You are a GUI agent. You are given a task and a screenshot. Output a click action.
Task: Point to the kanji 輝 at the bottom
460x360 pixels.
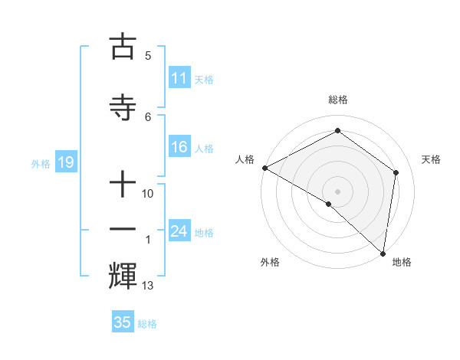123,274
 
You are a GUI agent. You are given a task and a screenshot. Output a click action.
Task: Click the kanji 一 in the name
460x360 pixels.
123,229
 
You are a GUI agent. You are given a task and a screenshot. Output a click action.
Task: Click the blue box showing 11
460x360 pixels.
179,78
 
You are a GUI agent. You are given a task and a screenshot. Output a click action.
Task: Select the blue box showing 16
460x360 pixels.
179,147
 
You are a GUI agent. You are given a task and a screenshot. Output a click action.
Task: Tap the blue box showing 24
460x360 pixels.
179,231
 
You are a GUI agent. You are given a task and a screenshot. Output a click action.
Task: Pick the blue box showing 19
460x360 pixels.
65,162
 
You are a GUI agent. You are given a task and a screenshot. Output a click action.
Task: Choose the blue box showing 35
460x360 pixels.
123,322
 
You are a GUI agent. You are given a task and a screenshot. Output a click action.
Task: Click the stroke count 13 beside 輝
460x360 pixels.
148,286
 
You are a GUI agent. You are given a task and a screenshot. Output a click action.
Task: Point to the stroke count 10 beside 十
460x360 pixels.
148,194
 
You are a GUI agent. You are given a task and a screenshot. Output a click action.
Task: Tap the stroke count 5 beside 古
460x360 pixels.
148,55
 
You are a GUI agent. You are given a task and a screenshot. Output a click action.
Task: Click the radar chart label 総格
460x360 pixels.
337,100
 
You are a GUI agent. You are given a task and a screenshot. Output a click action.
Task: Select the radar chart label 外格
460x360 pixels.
270,262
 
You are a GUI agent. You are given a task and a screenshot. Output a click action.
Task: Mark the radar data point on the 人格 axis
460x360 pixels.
264,168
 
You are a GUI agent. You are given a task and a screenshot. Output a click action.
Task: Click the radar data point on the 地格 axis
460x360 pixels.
383,254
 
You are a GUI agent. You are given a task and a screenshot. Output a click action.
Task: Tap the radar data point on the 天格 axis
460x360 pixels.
396,172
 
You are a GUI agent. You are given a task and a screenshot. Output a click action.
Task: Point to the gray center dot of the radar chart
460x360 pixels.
337,191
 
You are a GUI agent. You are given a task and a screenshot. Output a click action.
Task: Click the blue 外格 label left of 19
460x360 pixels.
40,163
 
